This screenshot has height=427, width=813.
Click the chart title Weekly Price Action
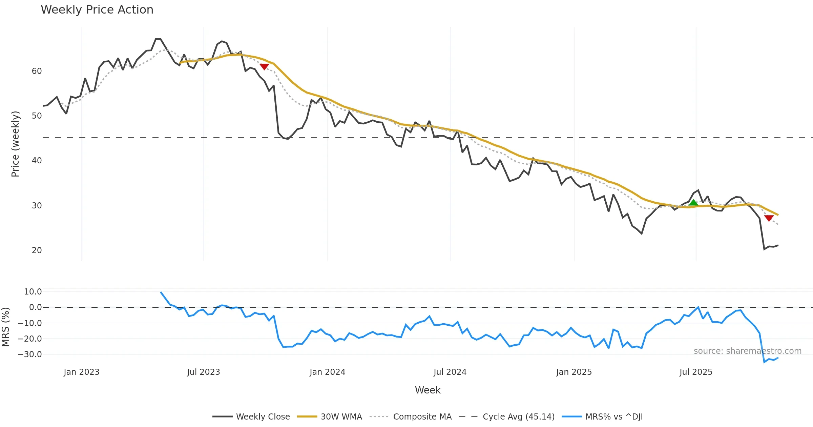(x=97, y=10)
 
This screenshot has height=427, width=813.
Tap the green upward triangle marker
(x=693, y=203)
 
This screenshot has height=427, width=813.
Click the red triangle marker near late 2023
(x=264, y=67)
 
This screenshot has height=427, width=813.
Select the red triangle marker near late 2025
(x=769, y=218)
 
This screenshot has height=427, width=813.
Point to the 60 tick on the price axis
(x=37, y=71)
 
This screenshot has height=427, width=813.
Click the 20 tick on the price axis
(x=37, y=250)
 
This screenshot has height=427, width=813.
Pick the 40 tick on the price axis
(x=37, y=161)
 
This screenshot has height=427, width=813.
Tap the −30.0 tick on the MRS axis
(x=30, y=354)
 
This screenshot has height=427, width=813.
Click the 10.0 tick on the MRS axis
(x=33, y=292)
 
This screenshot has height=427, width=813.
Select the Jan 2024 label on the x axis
(x=327, y=372)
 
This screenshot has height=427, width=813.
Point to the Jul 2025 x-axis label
(x=696, y=372)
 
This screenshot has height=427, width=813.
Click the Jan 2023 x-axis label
(x=81, y=372)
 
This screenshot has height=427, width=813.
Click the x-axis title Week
(x=428, y=390)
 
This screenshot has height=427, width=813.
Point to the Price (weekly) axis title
(x=16, y=144)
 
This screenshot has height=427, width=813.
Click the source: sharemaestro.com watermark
(x=747, y=351)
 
